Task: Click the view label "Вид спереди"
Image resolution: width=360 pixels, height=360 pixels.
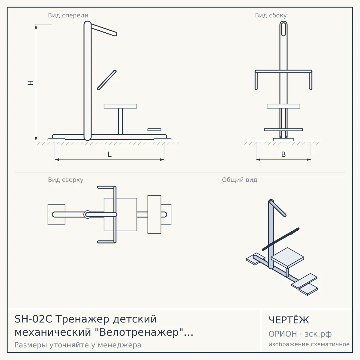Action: (x=68, y=15)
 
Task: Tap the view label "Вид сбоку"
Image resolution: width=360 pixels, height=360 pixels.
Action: (x=271, y=15)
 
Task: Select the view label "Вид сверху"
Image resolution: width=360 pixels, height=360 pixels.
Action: (x=66, y=180)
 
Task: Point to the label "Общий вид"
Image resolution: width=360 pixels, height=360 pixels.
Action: (x=239, y=180)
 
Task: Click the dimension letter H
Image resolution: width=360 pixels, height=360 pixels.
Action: (x=31, y=83)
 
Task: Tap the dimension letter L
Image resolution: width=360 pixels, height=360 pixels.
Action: (x=110, y=154)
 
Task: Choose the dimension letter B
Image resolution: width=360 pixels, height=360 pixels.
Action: (x=283, y=154)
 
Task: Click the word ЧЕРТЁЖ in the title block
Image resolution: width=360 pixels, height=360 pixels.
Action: (x=289, y=320)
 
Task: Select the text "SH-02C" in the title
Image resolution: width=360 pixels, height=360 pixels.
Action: (x=33, y=319)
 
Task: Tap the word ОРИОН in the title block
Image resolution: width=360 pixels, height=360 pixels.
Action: (x=283, y=334)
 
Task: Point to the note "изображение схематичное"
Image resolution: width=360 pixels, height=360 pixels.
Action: (x=309, y=344)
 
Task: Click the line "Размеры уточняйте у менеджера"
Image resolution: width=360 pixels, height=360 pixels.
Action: (x=78, y=345)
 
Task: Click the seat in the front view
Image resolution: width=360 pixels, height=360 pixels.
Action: (x=120, y=106)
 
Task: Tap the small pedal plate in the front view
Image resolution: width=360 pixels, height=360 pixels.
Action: (x=154, y=130)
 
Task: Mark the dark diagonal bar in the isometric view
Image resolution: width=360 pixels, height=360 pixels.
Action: (x=280, y=239)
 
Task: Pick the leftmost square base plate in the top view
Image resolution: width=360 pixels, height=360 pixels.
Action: (x=56, y=214)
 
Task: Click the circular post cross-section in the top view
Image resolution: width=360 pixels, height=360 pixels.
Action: (x=87, y=214)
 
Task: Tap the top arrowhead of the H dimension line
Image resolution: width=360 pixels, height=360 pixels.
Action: (x=36, y=27)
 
